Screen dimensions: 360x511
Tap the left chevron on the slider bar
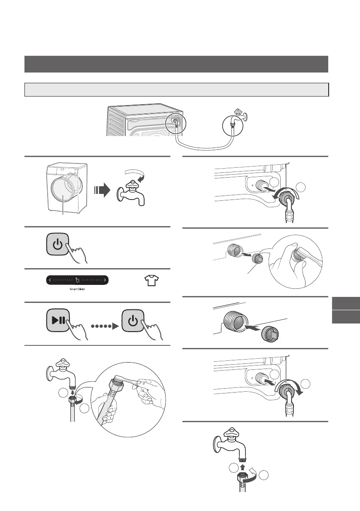coord(50,280)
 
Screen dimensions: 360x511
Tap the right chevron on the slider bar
coord(105,280)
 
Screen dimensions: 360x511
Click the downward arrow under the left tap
coord(73,391)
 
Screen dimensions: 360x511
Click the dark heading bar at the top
coord(176,64)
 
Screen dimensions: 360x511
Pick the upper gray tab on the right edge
coord(345,302)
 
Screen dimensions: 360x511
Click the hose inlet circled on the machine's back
coord(175,121)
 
